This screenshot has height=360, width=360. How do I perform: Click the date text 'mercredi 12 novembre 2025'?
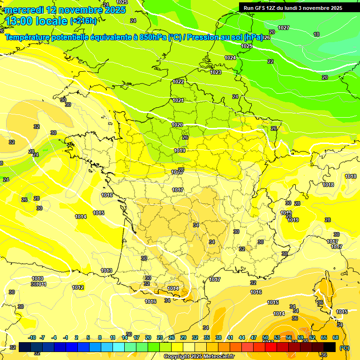click(x=65, y=10)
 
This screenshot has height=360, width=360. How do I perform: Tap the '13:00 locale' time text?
click(x=36, y=21)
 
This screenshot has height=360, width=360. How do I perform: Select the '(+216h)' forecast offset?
click(x=83, y=21)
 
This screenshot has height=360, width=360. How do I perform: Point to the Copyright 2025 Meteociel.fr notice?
click(x=199, y=356)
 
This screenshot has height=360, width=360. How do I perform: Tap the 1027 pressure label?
click(x=283, y=28)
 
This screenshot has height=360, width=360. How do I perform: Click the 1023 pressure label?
click(x=216, y=72)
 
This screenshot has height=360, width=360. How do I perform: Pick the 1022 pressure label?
click(x=178, y=82)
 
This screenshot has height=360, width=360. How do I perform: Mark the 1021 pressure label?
click(x=178, y=100)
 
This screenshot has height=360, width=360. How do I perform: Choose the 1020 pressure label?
click(x=177, y=125)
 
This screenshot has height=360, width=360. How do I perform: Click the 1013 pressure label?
click(x=106, y=271)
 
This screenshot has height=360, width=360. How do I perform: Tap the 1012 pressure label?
click(x=78, y=287)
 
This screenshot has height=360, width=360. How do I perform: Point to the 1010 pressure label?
click(x=37, y=279)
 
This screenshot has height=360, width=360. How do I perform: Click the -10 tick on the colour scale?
click(x=32, y=338)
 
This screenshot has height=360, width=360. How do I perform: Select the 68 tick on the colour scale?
click(x=336, y=338)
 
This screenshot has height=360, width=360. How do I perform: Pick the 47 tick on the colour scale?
click(x=254, y=338)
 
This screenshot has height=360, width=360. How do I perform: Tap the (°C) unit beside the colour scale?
click(x=345, y=347)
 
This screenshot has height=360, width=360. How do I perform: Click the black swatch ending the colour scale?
click(x=330, y=347)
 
